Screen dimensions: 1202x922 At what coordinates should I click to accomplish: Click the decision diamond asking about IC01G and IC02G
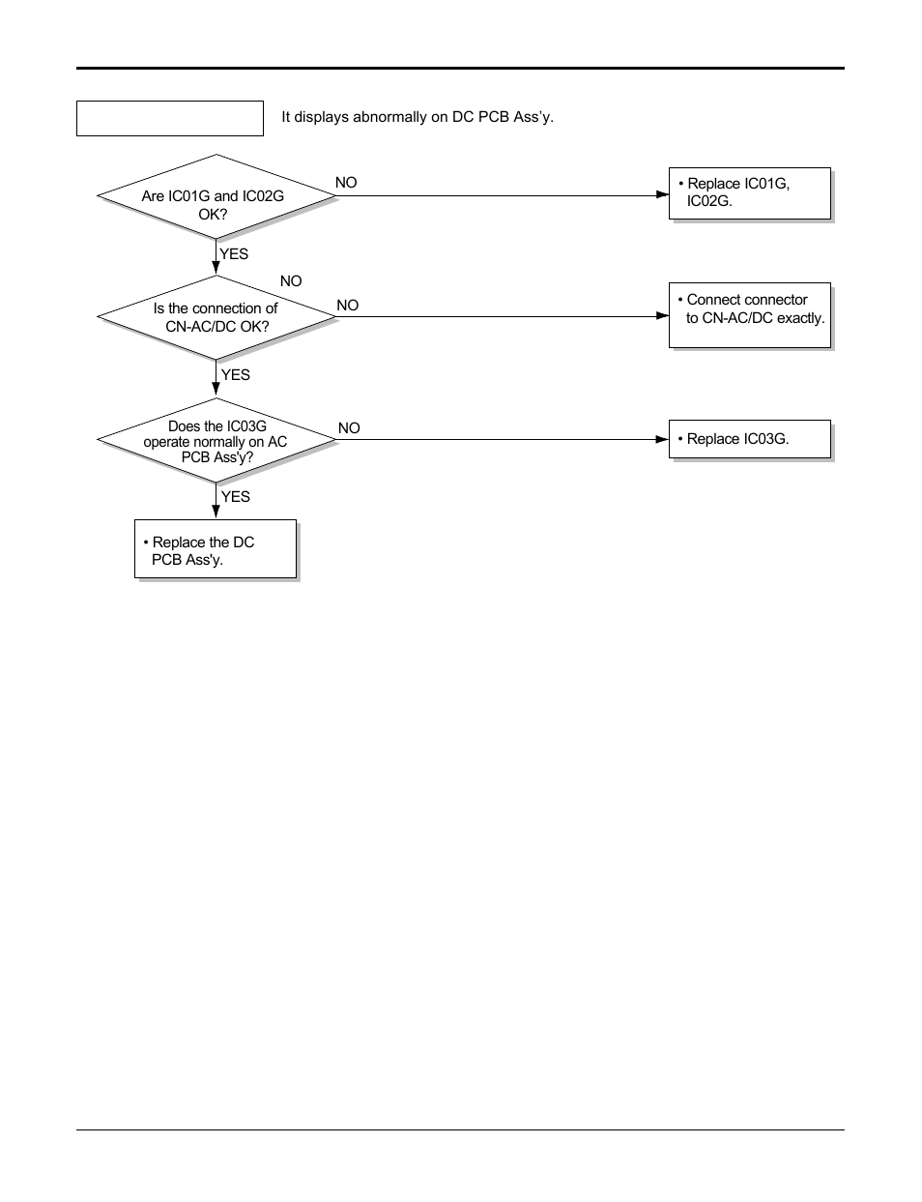pos(216,196)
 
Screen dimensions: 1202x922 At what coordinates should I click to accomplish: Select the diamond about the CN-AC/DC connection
pos(216,317)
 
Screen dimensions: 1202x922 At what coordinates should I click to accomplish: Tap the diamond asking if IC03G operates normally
pos(216,441)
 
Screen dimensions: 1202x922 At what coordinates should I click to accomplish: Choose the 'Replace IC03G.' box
pos(749,439)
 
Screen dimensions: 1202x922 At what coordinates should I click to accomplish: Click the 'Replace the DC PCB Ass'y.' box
pos(215,549)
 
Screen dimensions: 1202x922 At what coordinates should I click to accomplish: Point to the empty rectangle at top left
pos(169,118)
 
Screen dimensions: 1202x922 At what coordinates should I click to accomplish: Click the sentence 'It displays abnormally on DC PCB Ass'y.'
pos(417,117)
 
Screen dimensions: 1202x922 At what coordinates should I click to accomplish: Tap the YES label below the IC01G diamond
pos(234,254)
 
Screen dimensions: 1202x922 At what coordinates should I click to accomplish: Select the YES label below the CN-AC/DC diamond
pos(235,375)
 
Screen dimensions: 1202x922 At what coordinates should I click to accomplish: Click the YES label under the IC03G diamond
pos(235,497)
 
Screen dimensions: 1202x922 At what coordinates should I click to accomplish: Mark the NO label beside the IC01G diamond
pos(346,183)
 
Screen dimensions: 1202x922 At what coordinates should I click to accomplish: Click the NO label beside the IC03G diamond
pos(349,428)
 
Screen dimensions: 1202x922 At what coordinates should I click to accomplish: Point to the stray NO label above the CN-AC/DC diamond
pos(291,281)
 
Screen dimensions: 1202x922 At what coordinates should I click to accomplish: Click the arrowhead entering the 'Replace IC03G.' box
pos(662,439)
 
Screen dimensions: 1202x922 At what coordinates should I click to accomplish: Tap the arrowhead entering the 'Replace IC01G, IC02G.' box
pos(662,194)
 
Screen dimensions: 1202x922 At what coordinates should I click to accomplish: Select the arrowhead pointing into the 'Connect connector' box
pos(662,316)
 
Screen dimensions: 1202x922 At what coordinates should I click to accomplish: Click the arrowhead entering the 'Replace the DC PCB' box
pos(216,513)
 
